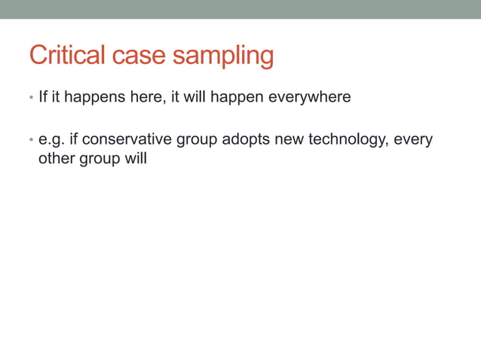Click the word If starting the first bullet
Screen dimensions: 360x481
click(x=43, y=98)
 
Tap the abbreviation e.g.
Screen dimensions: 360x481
click(x=51, y=140)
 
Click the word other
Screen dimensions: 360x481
click(x=56, y=160)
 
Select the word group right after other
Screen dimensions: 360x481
click(x=98, y=160)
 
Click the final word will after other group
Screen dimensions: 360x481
click(x=135, y=160)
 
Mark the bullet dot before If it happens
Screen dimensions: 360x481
click(x=30, y=99)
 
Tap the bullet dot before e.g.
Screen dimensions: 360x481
click(x=30, y=141)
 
